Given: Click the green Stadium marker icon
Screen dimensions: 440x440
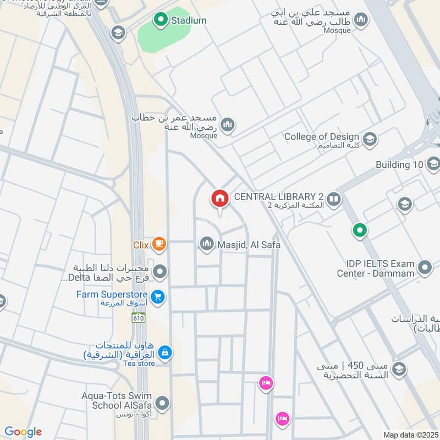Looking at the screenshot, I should (161, 20).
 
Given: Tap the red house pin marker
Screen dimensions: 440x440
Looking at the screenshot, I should (219, 199).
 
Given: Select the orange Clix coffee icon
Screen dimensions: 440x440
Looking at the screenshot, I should (159, 244).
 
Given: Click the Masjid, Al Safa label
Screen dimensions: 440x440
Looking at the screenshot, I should (249, 244).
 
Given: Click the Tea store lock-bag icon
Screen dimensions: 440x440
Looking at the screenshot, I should (164, 351).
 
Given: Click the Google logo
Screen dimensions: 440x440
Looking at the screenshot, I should (23, 432).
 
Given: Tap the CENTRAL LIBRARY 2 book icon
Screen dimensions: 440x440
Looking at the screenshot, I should (333, 199).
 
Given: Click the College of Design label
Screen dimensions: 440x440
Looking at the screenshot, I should (322, 136).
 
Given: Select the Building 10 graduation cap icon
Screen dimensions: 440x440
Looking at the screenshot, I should (432, 163).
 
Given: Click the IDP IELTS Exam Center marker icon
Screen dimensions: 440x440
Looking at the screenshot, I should (424, 268).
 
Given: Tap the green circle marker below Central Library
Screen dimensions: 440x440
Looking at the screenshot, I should (360, 230).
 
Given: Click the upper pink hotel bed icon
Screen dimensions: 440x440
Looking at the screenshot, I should (266, 383).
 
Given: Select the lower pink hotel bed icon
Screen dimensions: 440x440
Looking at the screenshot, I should (282, 418).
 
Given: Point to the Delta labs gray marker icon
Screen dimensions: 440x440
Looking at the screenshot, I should (160, 271).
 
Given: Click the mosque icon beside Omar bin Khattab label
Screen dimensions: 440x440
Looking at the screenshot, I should (228, 127).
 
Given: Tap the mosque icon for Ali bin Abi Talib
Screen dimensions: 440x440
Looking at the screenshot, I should (361, 21).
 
